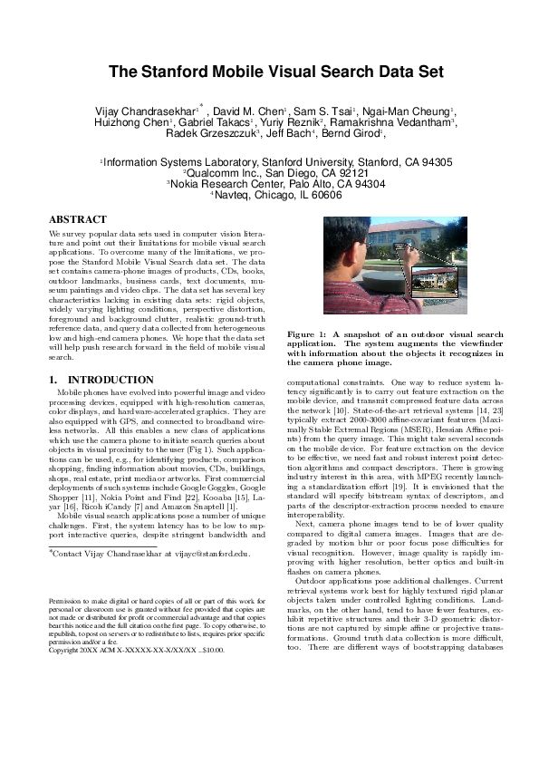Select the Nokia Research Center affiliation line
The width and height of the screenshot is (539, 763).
tap(270, 182)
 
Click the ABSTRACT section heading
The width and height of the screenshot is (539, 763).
tap(77, 220)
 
